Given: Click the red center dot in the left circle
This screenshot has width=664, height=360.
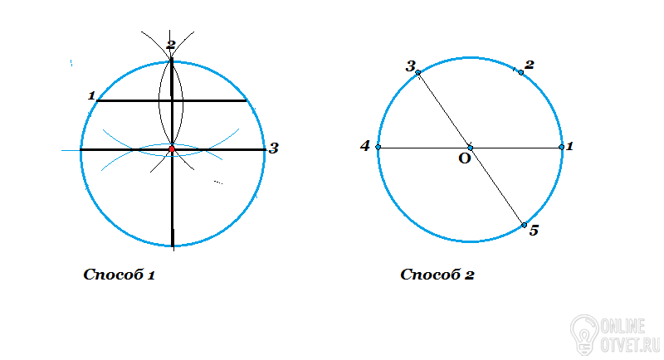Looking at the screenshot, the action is point(172,149).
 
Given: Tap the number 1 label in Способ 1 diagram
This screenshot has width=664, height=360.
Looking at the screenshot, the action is point(91,95).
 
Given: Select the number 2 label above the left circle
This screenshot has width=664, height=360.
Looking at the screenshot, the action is point(171,45).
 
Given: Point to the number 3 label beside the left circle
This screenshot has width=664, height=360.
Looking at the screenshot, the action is point(274,148).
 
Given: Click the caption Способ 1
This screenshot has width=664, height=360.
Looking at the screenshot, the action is point(120,275).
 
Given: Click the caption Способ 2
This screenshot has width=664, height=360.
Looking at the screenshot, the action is point(437,275).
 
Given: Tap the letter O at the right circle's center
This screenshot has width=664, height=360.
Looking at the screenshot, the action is point(465,158).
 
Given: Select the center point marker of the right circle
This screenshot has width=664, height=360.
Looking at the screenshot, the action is point(470,148).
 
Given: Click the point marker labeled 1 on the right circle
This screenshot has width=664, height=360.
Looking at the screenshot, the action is point(562,147).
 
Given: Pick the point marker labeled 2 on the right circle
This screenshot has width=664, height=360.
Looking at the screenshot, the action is point(521,73).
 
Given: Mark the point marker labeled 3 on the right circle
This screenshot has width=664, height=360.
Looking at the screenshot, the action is point(418,73).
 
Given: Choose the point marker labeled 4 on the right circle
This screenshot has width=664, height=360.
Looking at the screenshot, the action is point(378,147).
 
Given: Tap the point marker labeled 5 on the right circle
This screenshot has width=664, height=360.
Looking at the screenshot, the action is point(524,225).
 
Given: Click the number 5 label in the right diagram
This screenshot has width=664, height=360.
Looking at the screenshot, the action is point(534,231).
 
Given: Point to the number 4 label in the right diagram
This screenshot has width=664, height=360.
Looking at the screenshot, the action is point(365,146).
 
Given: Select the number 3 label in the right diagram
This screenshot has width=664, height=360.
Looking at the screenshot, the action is point(411,66).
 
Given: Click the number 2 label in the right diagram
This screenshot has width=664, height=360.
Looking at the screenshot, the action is point(530,65).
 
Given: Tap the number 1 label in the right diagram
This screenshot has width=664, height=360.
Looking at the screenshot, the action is point(569,146).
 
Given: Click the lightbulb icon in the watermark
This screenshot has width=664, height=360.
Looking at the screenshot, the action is point(584,334).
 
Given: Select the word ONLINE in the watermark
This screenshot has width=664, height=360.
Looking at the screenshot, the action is point(623,326).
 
